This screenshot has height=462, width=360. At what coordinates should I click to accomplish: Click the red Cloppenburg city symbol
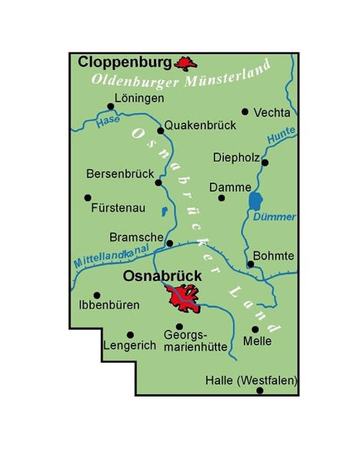pyautogui.click(x=184, y=62)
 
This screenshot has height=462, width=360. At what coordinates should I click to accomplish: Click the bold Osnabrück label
pyautogui.click(x=162, y=275)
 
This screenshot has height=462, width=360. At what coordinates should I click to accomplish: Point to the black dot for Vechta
pyautogui.click(x=245, y=112)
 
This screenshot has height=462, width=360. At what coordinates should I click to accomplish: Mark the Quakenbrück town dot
pyautogui.click(x=160, y=130)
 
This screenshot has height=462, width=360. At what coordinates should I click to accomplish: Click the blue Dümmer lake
pyautogui.click(x=255, y=202)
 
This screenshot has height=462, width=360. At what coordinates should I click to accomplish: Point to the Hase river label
pyautogui.click(x=109, y=122)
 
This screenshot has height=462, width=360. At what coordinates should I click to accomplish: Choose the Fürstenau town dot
pyautogui.click(x=87, y=197)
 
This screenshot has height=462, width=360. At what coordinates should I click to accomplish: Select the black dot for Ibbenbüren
pyautogui.click(x=96, y=294)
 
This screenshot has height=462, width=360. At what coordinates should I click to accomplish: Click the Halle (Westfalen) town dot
pyautogui.click(x=259, y=390)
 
